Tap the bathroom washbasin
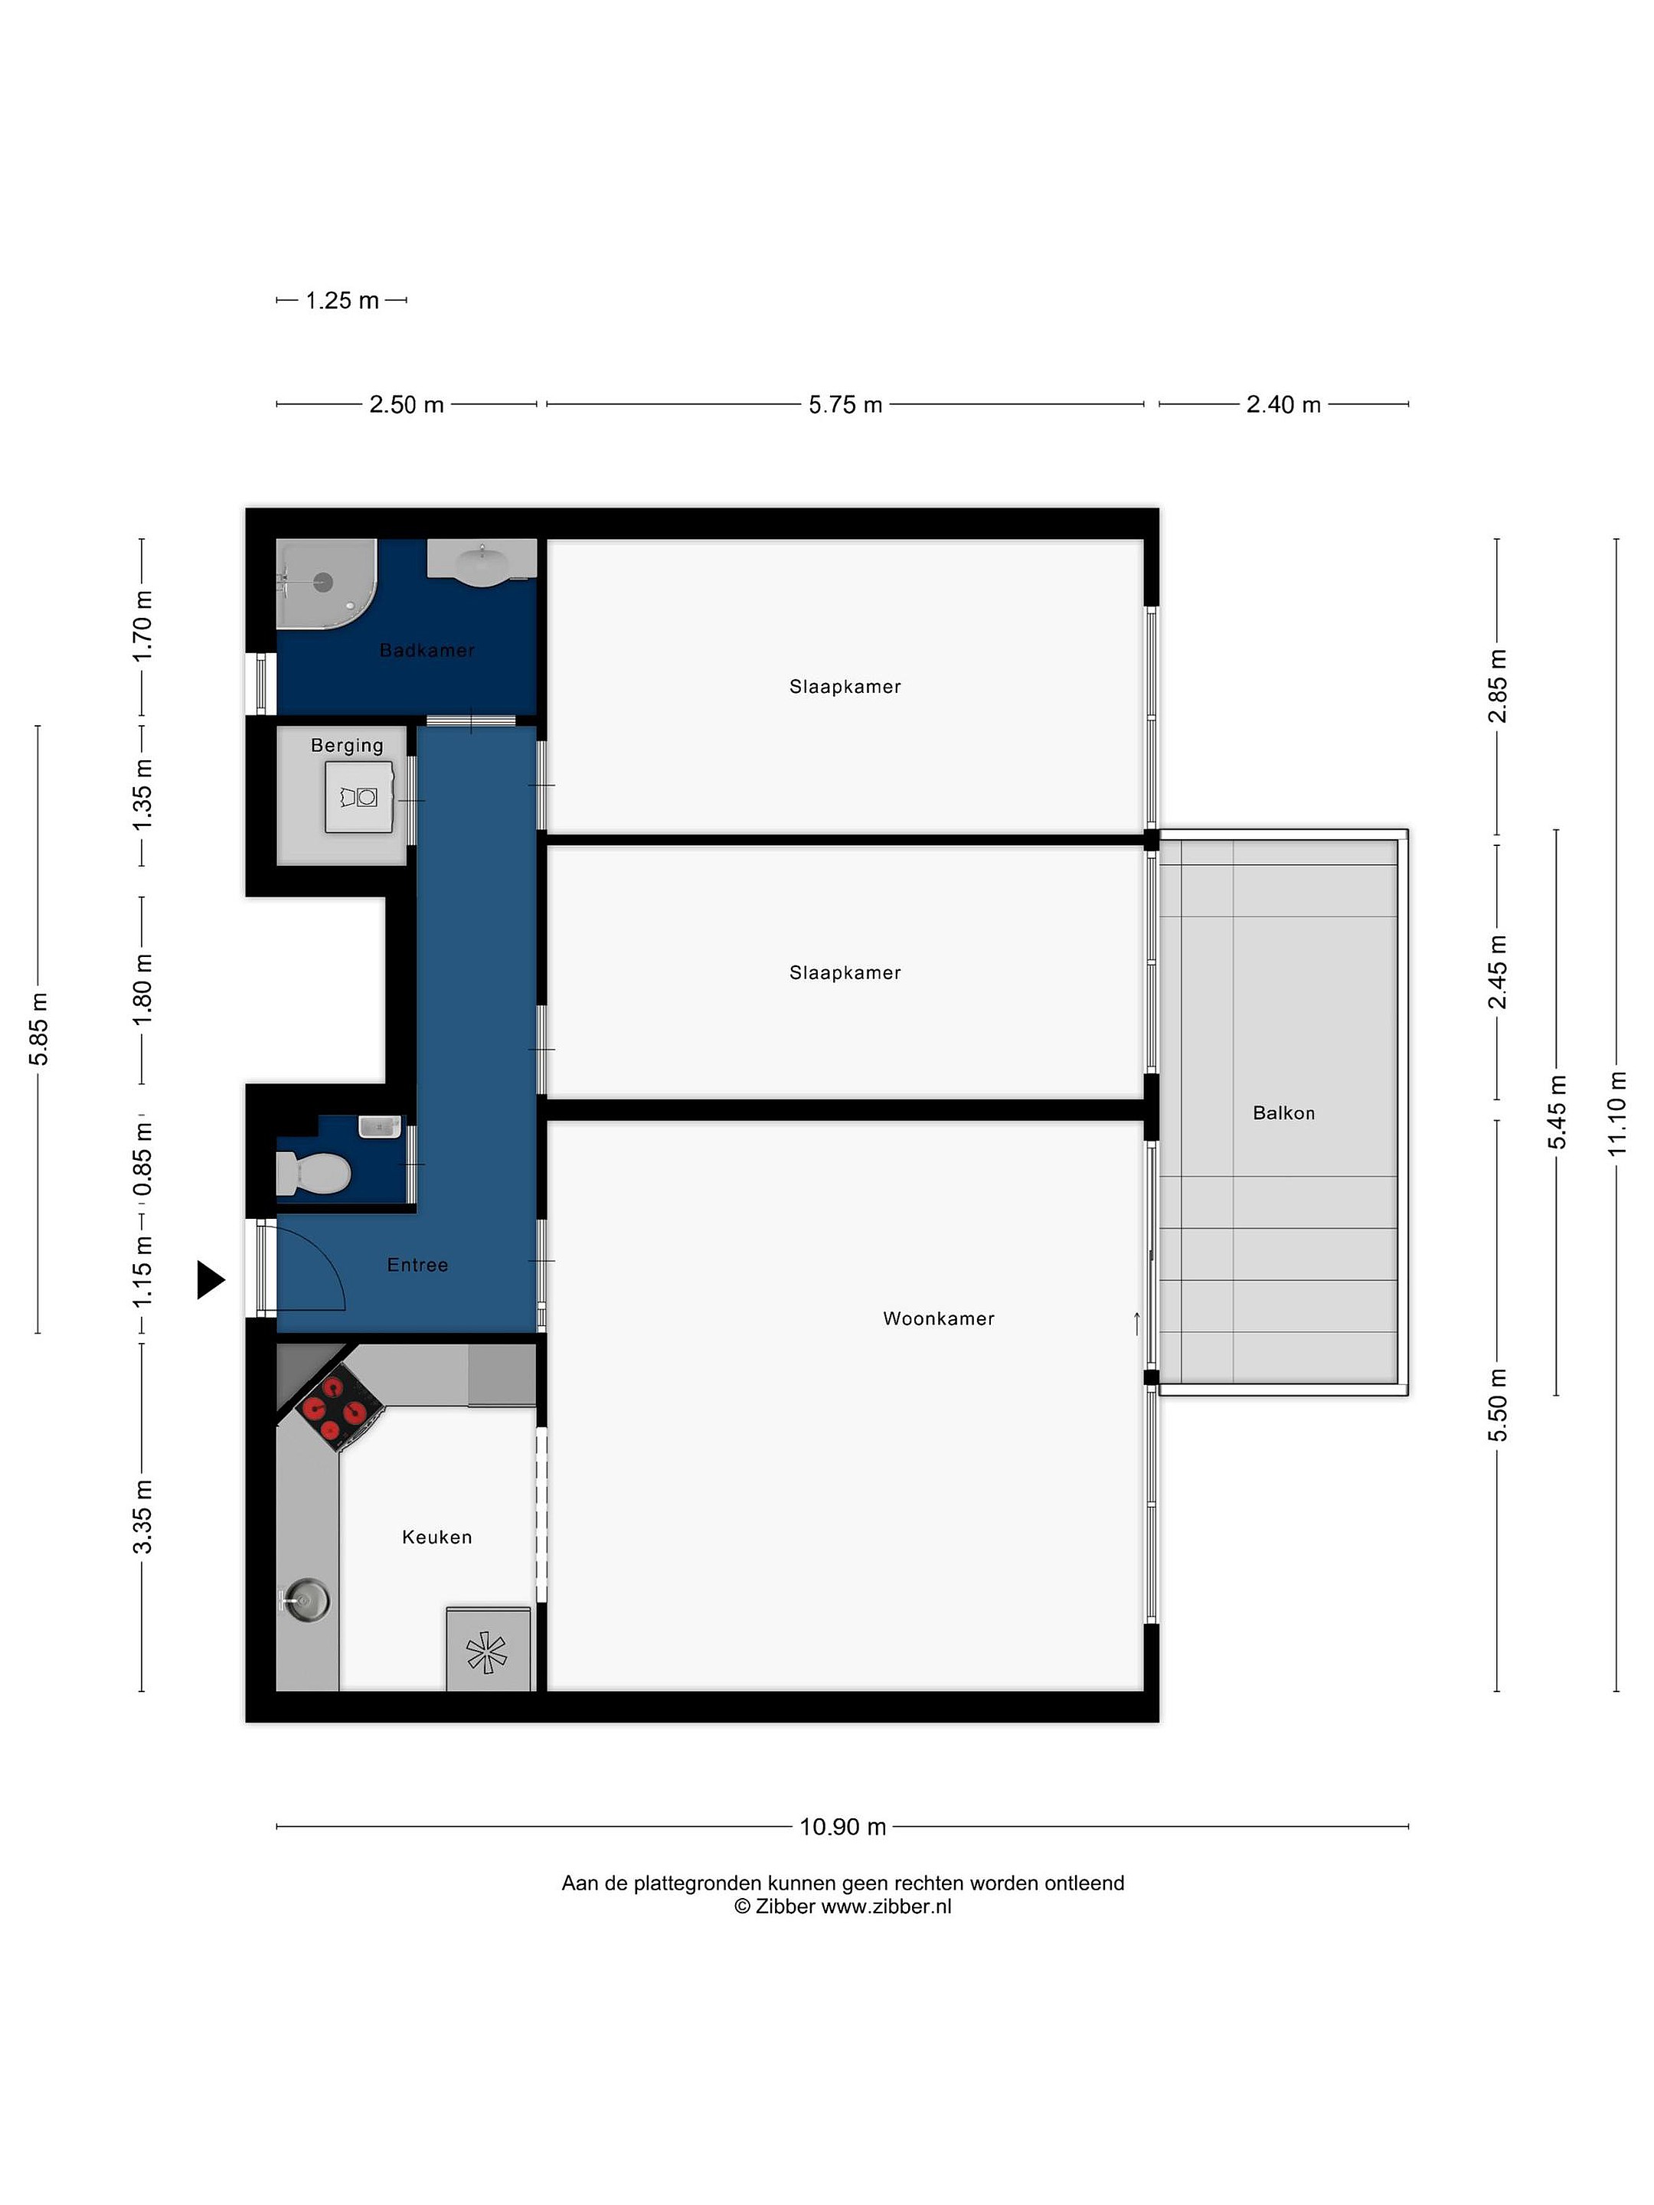click(482, 563)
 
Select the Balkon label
click(1283, 1113)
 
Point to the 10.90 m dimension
click(842, 1826)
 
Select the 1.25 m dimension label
click(342, 300)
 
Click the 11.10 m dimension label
click(1617, 1113)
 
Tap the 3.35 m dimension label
click(142, 1516)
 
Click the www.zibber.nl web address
click(885, 1906)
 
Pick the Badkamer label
click(427, 650)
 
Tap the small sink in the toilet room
click(379, 1126)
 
